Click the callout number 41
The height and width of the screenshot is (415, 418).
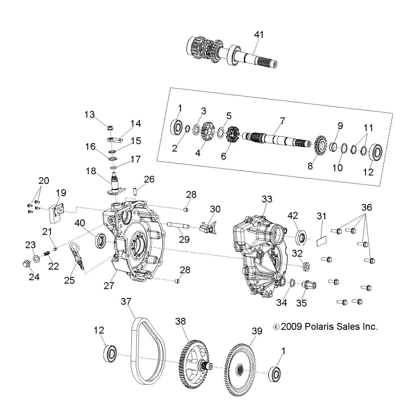click(x=259, y=35)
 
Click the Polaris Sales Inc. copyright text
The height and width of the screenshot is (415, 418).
click(x=325, y=326)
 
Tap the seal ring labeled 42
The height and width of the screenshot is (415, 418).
click(x=301, y=236)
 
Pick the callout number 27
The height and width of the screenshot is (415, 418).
click(x=109, y=285)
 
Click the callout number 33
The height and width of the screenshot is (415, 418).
click(x=267, y=199)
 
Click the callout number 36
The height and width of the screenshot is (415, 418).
click(x=367, y=207)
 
